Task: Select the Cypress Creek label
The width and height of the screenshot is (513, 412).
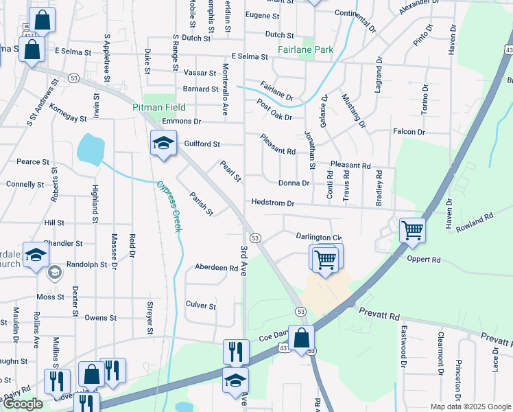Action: [x=169, y=206]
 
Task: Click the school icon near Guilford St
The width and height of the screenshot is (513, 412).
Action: [x=163, y=144]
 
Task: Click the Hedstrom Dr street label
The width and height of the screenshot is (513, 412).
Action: [x=272, y=203]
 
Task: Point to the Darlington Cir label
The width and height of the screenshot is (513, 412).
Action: [x=318, y=237]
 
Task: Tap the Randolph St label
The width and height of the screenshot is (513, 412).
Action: [x=86, y=264]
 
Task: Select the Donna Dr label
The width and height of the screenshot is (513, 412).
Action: [x=294, y=183]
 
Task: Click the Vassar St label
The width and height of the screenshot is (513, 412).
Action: [x=200, y=72]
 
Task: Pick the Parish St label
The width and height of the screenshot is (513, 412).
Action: [x=202, y=203]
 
